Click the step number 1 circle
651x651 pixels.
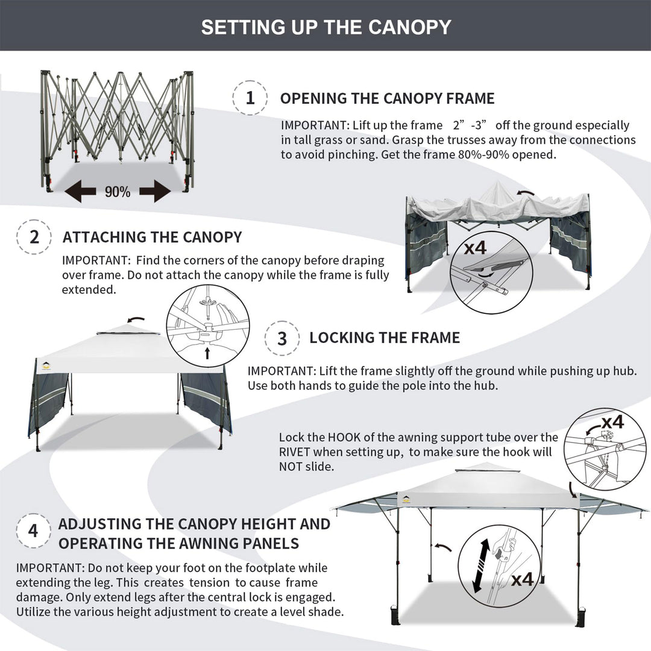coord(250,98)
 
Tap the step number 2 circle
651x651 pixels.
coord(34,236)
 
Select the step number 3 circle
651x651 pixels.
coord(282,338)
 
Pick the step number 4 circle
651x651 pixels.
coord(33,531)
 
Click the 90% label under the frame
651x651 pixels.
coord(118,192)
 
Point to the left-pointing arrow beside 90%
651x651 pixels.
coord(81,192)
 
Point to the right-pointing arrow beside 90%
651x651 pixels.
coord(155,192)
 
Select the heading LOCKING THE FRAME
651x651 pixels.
coord(385,338)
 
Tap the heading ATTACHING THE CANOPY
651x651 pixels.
coord(152,237)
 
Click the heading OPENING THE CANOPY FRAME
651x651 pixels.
coord(387,98)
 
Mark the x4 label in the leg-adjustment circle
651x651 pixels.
coord(523,580)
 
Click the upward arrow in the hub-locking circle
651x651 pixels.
coord(207,353)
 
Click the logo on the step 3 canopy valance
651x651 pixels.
coord(48,365)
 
